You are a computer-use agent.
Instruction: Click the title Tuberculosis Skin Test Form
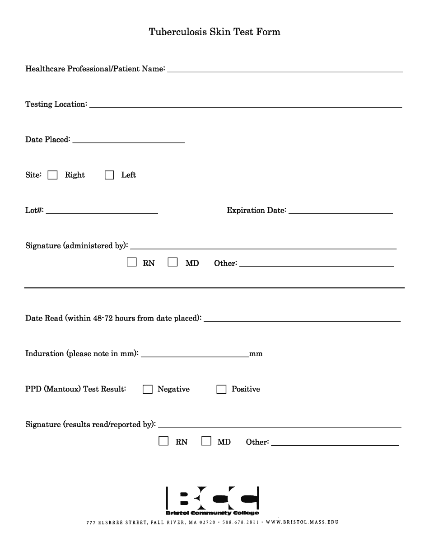click(214, 32)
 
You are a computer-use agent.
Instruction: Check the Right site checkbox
click(53, 175)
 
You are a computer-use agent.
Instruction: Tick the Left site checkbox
click(109, 175)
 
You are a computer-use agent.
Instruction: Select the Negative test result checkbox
click(148, 389)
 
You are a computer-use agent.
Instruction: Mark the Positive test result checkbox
click(221, 389)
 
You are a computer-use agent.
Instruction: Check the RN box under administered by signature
click(132, 262)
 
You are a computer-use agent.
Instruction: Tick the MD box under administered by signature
click(173, 262)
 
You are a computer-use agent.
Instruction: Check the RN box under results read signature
click(163, 441)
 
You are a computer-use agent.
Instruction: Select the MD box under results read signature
click(206, 441)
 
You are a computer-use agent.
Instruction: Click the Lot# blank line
click(102, 211)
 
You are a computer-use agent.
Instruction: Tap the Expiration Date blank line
click(340, 211)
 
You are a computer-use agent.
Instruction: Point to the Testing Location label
click(56, 104)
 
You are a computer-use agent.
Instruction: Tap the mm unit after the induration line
click(256, 354)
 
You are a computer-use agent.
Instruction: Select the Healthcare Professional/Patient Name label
click(95, 69)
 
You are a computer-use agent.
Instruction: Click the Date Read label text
click(113, 318)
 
